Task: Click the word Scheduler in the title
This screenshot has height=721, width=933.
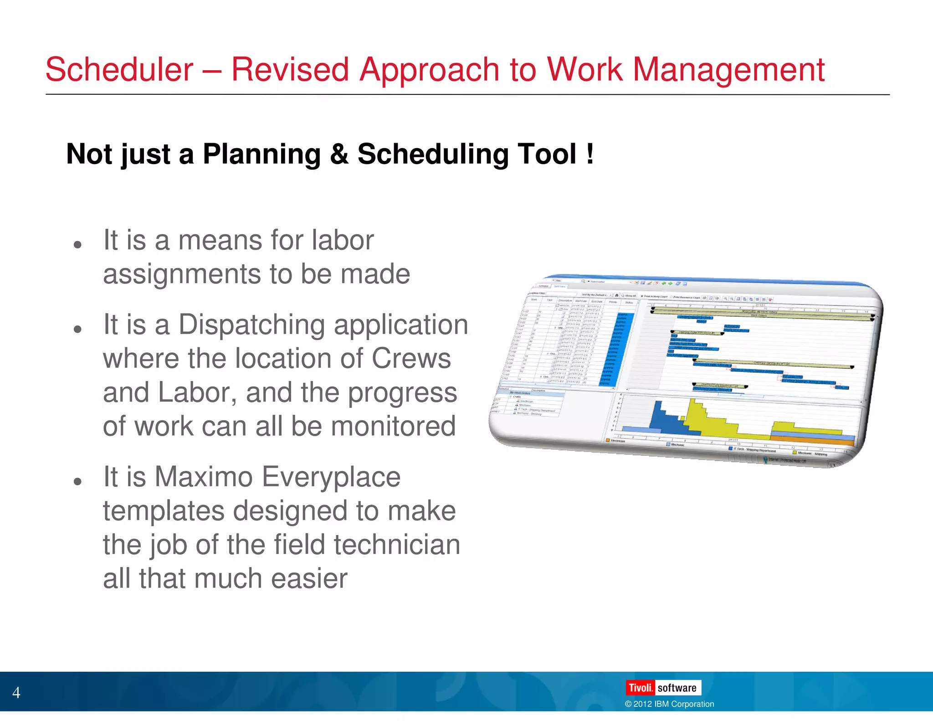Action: point(119,70)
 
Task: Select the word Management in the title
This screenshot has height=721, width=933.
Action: point(728,70)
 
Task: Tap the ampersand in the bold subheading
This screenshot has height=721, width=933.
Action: point(339,154)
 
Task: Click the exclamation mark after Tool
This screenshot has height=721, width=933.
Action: point(590,154)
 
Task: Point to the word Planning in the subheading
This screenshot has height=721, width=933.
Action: point(261,154)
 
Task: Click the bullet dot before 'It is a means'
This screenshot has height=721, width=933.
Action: point(77,245)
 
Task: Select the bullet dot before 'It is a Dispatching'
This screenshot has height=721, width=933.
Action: point(77,329)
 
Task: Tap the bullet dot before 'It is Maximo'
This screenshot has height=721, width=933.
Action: point(77,481)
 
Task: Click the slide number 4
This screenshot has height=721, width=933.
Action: point(16,693)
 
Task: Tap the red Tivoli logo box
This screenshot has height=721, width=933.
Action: point(640,688)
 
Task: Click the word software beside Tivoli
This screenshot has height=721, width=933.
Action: point(677,688)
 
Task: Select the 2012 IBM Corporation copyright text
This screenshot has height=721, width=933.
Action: point(669,704)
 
